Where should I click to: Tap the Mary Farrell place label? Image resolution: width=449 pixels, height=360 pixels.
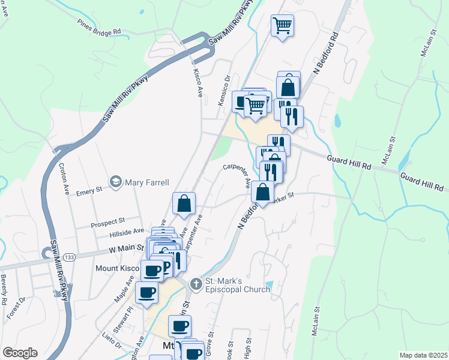tap(147, 182)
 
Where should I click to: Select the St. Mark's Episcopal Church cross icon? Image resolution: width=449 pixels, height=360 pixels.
tap(195, 283)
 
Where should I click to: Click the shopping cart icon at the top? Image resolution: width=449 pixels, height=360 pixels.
tap(282, 25)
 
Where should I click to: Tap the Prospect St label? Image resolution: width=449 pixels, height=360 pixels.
tap(107, 223)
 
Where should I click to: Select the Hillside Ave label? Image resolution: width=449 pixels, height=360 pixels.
tap(126, 233)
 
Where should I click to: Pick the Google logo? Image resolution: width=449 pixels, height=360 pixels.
tap(20, 353)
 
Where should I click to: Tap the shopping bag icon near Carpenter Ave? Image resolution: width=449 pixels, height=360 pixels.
tap(184, 203)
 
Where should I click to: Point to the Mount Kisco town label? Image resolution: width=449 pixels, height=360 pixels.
tap(117, 268)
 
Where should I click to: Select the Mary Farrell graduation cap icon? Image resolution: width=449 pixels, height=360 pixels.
tap(115, 181)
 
